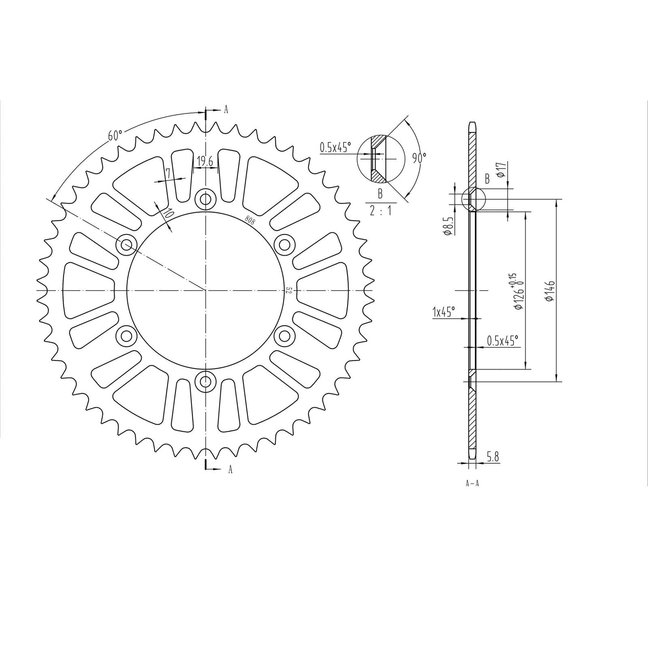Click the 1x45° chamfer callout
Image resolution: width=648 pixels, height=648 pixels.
tap(444, 312)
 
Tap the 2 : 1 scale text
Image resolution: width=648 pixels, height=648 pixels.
tap(380, 209)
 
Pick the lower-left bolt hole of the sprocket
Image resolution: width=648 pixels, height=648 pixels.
tap(126, 335)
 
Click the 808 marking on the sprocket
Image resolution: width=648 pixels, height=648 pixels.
tap(249, 219)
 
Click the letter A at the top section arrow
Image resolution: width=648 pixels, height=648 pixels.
tap(226, 109)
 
